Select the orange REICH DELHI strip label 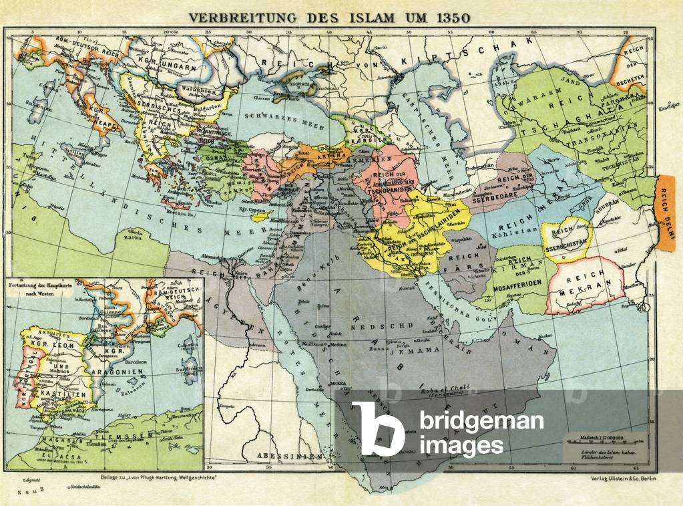tap(668, 212)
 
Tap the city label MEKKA tap(343, 384)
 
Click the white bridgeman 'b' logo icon tap(378, 428)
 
